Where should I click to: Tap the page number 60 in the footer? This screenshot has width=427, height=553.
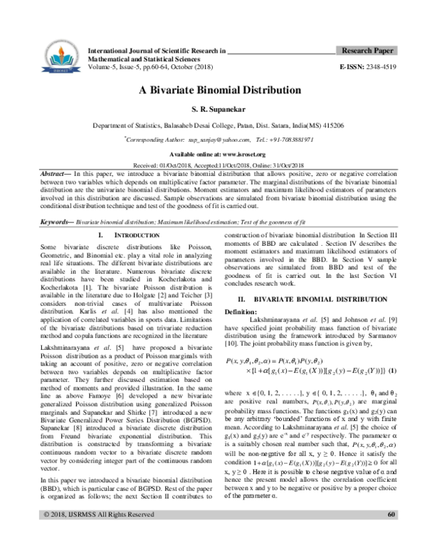click(x=391, y=534)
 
